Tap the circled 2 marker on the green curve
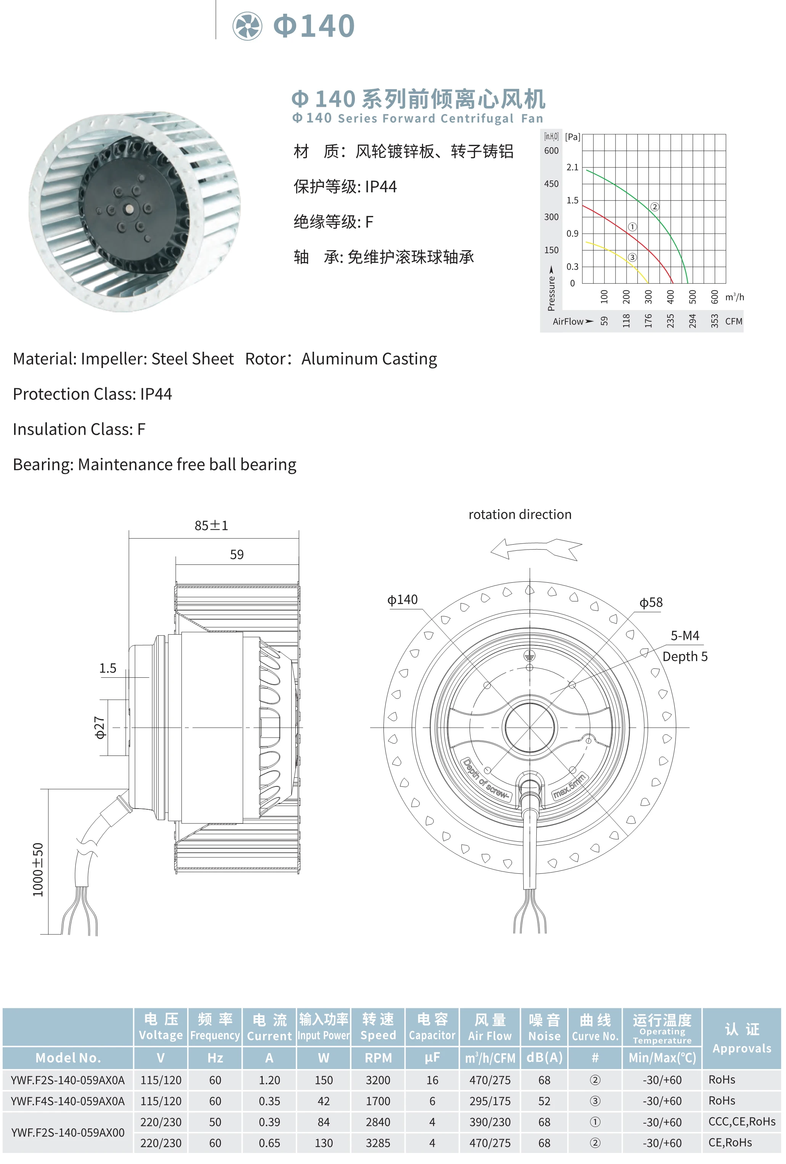pyautogui.click(x=654, y=207)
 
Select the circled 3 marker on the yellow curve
pyautogui.click(x=632, y=257)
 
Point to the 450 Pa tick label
pyautogui.click(x=551, y=184)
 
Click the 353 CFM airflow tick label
pyautogui.click(x=714, y=321)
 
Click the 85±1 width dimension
pyautogui.click(x=211, y=526)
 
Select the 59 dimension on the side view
pyautogui.click(x=237, y=555)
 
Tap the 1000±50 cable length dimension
pyautogui.click(x=38, y=870)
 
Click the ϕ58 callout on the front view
pyautogui.click(x=651, y=603)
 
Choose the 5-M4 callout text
pyautogui.click(x=685, y=636)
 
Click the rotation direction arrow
pyautogui.click(x=536, y=548)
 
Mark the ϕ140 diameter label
pyautogui.click(x=403, y=600)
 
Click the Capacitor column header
pyautogui.click(x=432, y=1027)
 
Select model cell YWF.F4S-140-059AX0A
pyautogui.click(x=67, y=1101)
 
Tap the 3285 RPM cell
pyautogui.click(x=378, y=1143)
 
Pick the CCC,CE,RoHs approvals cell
pyautogui.click(x=741, y=1122)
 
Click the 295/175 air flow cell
pyautogui.click(x=489, y=1101)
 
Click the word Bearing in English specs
pyautogui.click(x=43, y=464)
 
